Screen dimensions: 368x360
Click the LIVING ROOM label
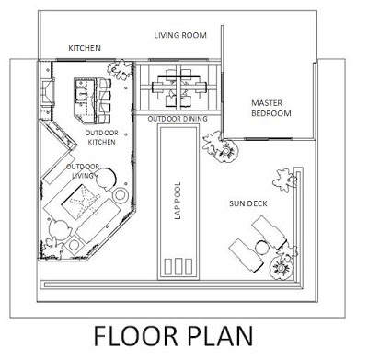180,35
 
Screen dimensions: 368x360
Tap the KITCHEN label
85,48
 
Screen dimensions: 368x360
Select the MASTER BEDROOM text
271,108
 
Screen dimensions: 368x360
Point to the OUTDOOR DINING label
178,119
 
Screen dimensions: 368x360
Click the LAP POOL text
178,201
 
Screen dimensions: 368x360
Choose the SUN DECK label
248,203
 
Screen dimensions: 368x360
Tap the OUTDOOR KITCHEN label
102,137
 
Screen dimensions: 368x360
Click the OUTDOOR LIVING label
83,171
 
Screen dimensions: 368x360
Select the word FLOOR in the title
135,336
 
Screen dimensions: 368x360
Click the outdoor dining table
178,87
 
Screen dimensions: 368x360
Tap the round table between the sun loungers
261,248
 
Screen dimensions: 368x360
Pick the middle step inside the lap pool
178,267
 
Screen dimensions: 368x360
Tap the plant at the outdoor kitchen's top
121,70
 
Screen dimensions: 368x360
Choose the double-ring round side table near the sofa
120,195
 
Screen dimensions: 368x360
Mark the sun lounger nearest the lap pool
246,255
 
